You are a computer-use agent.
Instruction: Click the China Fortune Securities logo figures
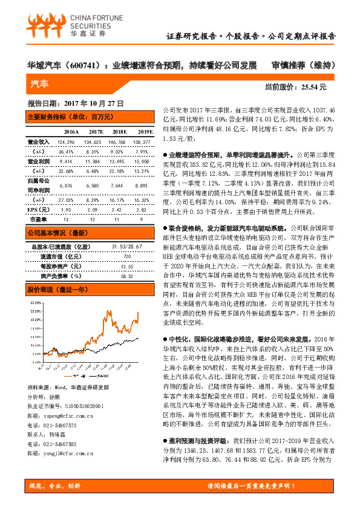click(x=44, y=24)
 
